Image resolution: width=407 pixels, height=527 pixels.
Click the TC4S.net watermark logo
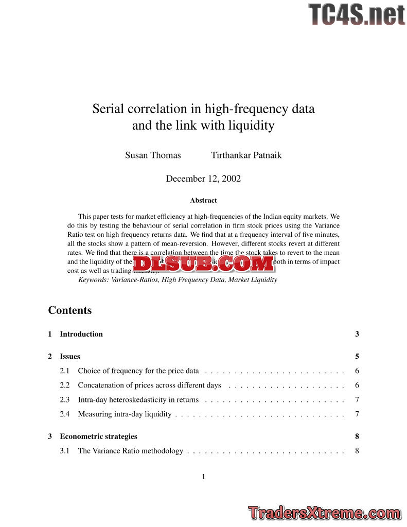tap(357, 14)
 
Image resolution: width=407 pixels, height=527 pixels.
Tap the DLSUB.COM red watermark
tap(203, 263)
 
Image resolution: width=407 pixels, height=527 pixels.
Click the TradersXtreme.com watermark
tap(324, 513)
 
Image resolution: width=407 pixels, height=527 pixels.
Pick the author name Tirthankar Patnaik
tap(246, 155)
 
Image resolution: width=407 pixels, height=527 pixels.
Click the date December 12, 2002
tap(203, 179)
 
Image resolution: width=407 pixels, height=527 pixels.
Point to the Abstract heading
tap(203, 200)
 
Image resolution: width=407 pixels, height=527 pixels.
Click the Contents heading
tap(70, 310)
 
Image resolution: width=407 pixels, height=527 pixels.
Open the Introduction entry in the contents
tap(81, 334)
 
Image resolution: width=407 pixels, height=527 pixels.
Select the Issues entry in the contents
tap(70, 356)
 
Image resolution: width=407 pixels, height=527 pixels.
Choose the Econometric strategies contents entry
tap(98, 436)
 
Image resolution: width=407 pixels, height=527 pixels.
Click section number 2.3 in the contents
tap(65, 399)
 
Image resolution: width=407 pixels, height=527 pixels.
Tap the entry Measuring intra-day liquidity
tap(125, 414)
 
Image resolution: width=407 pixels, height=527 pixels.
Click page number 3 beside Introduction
tap(357, 334)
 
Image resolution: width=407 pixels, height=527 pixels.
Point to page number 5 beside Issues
tap(357, 356)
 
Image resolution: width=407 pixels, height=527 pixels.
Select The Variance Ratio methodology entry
tap(130, 451)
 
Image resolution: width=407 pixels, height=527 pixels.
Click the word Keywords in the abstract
tap(93, 280)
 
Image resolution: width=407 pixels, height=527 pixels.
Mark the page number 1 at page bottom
tap(203, 477)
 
